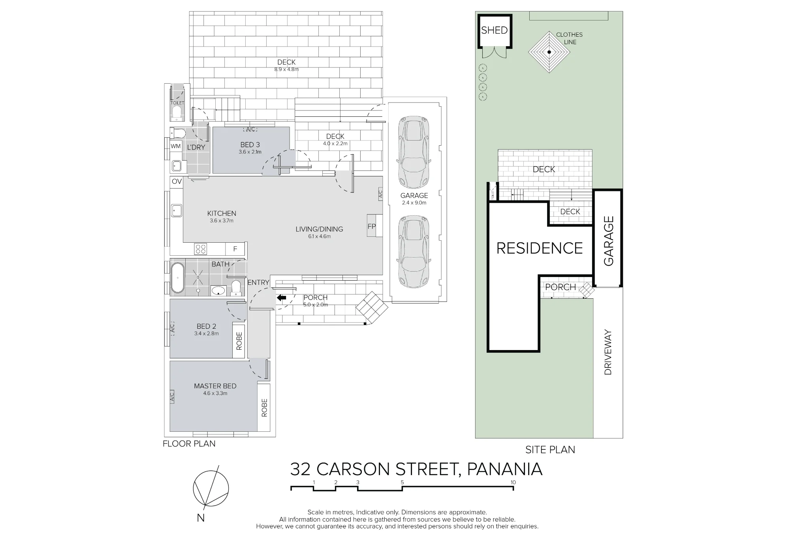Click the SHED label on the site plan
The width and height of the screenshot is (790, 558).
494,30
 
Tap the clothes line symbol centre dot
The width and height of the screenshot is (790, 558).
549,52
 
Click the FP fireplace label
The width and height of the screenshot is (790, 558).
371,227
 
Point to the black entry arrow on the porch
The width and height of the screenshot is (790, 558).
281,298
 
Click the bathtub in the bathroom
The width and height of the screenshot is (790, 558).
177,278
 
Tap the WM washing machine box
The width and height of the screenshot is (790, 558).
176,146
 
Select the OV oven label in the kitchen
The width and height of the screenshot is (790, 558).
177,182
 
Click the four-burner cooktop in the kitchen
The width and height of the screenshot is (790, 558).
201,249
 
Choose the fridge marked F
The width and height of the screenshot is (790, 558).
235,249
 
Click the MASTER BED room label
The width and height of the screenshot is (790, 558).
215,386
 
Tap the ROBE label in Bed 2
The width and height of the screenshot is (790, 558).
239,341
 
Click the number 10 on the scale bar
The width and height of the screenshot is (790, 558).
513,482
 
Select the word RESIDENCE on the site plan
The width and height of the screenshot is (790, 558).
540,248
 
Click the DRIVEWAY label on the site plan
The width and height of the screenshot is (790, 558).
608,352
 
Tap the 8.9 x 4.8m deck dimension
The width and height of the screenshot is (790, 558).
286,69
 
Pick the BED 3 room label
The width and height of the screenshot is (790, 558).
250,145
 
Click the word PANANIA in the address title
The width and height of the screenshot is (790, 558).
504,469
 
